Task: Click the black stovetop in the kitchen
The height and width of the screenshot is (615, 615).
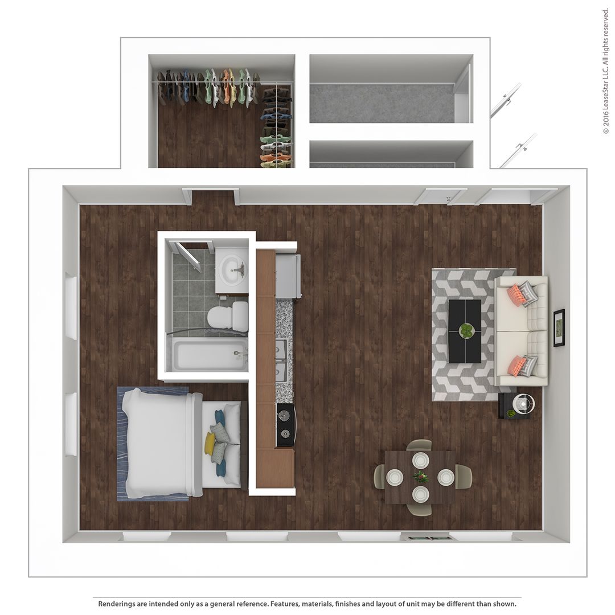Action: coord(286,424)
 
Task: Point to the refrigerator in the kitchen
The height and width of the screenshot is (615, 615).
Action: coord(288,276)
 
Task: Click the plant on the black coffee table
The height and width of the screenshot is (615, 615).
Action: coord(466,330)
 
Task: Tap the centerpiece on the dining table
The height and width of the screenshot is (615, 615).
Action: coord(420,477)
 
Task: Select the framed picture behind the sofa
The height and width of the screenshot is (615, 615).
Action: coord(559,327)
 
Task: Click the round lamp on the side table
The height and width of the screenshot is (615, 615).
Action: coord(523,404)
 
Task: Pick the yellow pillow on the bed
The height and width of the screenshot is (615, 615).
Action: coord(210,444)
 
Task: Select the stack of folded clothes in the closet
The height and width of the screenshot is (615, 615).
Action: coord(276,128)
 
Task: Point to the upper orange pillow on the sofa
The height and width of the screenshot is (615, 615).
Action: coord(517,294)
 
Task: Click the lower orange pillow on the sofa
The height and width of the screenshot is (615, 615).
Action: coord(517,366)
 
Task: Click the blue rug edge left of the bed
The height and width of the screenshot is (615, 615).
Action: coord(121,444)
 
